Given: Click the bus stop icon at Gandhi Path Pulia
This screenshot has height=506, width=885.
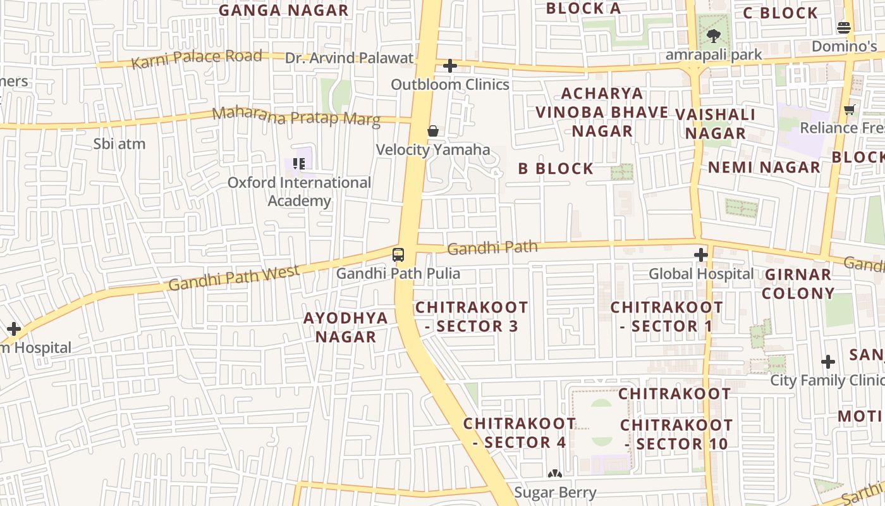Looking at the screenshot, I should pos(398,255).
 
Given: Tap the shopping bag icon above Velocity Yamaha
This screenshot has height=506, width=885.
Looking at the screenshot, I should pos(433,131).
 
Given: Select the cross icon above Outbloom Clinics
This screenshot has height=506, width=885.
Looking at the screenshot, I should pos(450,66).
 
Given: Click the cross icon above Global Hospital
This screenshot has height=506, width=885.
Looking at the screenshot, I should pos(700,255).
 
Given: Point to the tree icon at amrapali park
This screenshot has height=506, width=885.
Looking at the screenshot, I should pos(714,36).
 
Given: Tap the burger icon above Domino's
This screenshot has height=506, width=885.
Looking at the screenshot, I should pos(844,28).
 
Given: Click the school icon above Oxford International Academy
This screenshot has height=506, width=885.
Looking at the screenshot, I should pos(299,164).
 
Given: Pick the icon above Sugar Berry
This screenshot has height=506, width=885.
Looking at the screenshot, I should pos(555,474).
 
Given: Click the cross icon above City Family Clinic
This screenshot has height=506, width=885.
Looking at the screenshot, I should pos(828,362).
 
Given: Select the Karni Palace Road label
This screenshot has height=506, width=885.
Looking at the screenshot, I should pos(196,59).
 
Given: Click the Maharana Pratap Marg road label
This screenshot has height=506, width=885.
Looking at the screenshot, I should pos(296,116).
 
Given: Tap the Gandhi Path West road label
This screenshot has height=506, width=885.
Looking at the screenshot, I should pos(234,278).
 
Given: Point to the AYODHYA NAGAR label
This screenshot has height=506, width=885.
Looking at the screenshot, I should pos(346,327).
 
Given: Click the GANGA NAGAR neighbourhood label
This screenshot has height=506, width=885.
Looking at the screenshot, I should pos(283,10).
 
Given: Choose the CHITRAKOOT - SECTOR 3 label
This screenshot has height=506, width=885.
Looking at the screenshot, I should pos(472,316).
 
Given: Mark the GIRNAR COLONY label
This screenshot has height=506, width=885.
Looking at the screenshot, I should pos(798,283).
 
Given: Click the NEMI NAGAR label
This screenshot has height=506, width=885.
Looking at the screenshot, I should pos(764,167).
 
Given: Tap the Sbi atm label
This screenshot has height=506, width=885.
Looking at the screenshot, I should pos(119,144).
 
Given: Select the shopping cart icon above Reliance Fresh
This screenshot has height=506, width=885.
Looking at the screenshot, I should pos(850,109).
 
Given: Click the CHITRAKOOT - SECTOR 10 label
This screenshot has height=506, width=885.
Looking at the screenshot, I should pos(676,434).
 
